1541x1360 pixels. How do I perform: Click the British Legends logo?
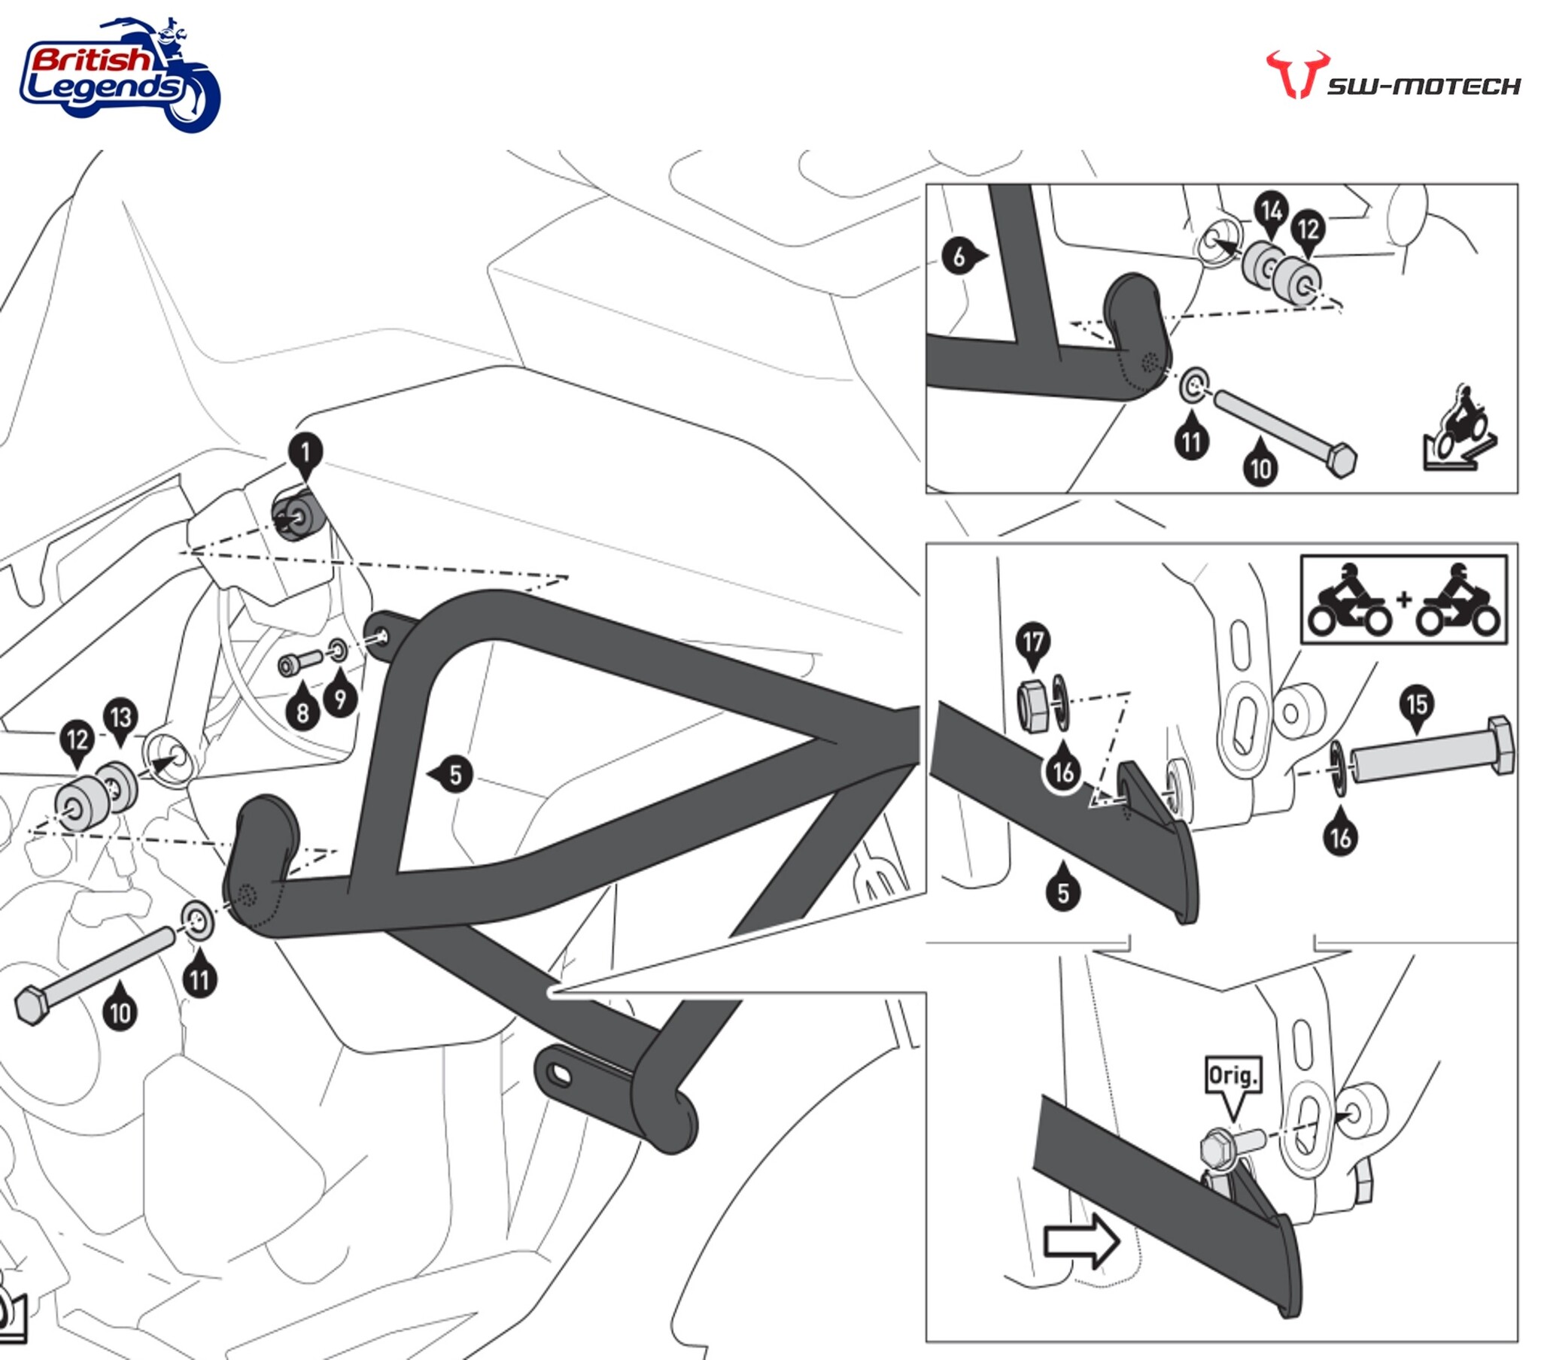point(119,76)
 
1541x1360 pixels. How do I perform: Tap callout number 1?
point(305,452)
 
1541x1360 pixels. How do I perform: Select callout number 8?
point(302,712)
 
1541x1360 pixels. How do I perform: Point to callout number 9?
point(340,699)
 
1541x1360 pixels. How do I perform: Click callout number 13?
point(121,717)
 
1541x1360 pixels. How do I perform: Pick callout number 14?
point(1271,211)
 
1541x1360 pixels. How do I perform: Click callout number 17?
point(1033,642)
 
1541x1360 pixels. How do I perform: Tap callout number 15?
point(1417,704)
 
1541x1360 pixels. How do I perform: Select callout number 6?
point(959,258)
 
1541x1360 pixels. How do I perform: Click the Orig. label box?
point(1232,1076)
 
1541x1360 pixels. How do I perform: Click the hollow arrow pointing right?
point(1081,1241)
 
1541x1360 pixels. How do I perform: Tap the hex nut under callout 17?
point(1032,705)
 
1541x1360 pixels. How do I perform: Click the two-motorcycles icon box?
point(1403,600)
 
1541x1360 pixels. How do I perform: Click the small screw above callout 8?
point(301,663)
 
